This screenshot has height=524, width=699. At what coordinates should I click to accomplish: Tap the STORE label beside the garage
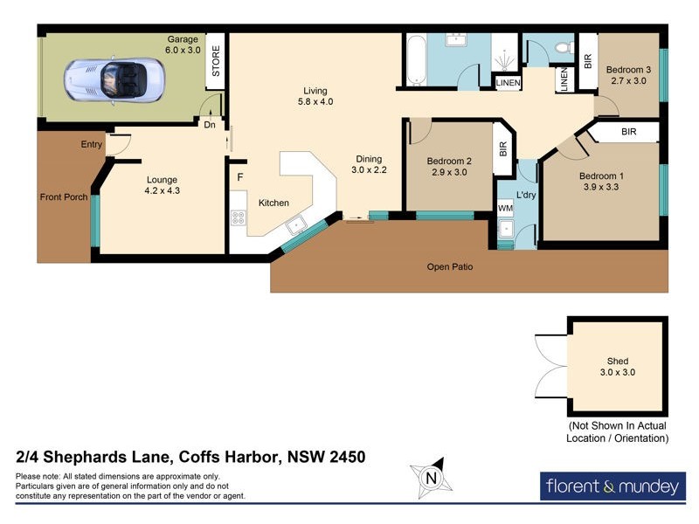[x=215, y=61]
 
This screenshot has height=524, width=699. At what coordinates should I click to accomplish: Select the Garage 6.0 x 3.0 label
[x=183, y=45]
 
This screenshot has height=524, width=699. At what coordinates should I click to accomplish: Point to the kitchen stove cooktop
[x=239, y=219]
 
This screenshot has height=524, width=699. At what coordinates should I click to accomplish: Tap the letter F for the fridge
[x=239, y=176]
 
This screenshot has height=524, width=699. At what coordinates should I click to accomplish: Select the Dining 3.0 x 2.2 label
[x=368, y=164]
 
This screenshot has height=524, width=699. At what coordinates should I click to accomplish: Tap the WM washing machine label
[x=505, y=209]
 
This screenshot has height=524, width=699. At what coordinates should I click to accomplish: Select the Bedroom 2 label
[x=449, y=161]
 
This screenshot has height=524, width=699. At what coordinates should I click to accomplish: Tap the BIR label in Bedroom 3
[x=587, y=62]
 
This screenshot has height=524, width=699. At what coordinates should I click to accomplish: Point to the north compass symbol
[x=430, y=478]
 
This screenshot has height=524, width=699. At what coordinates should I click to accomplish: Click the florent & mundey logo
[x=612, y=485]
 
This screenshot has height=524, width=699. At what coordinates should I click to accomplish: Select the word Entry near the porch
[x=92, y=145]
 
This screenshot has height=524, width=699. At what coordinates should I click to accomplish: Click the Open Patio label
[x=450, y=266]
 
